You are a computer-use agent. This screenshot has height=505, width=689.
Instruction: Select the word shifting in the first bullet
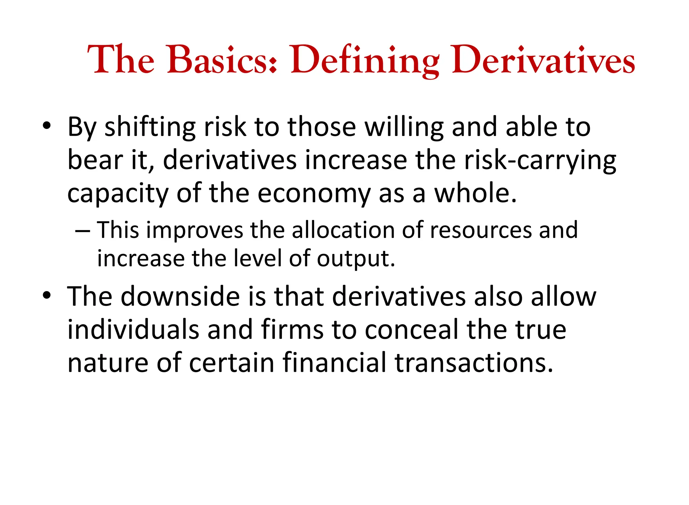(150, 128)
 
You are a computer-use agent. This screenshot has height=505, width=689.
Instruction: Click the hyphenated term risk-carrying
(540, 160)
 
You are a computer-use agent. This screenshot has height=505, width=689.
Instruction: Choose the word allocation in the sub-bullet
(343, 230)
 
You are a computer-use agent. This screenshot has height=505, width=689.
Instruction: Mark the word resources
(481, 230)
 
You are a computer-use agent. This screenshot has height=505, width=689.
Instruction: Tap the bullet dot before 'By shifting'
(47, 126)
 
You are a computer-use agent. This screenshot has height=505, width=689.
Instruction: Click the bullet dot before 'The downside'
(47, 295)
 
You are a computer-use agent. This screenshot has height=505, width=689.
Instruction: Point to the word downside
(180, 297)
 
